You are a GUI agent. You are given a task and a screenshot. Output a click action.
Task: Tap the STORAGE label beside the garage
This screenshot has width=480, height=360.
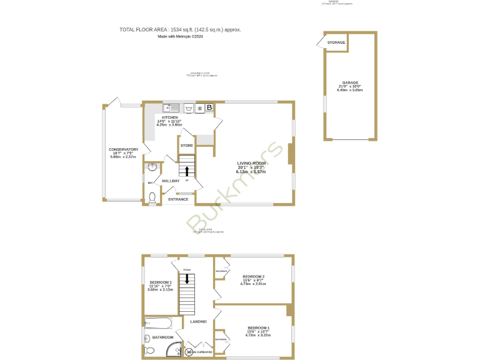[x=336, y=42]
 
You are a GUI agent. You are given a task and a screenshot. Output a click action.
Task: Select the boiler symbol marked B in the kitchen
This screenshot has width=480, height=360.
[x=210, y=107]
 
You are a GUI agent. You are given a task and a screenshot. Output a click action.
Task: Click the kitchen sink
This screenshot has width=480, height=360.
[x=171, y=107]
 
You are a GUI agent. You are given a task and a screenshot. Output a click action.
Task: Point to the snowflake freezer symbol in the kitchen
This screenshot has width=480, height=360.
[x=199, y=107]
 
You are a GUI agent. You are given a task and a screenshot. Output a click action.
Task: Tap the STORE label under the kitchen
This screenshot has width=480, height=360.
[x=186, y=146]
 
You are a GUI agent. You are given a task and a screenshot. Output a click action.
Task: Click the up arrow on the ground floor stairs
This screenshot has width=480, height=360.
[x=186, y=171]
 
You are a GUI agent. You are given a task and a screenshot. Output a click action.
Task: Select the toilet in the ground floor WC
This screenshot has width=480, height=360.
[x=152, y=197]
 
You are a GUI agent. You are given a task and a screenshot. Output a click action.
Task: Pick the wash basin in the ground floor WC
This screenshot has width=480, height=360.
[x=151, y=167]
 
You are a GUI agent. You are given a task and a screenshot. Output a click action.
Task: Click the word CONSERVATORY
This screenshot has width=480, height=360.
[x=123, y=149]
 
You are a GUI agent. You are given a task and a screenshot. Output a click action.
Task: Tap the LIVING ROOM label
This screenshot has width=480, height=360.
[x=251, y=164]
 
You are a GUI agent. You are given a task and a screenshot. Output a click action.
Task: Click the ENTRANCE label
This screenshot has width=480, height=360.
[x=178, y=199]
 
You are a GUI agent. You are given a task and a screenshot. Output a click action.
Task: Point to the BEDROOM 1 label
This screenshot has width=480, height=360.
[x=258, y=328]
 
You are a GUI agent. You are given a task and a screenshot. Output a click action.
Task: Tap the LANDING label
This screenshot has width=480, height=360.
[x=199, y=322]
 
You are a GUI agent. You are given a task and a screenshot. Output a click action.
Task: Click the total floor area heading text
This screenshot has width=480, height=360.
[x=180, y=29]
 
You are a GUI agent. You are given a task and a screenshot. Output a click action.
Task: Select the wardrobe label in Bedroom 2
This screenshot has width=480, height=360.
[x=221, y=271]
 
